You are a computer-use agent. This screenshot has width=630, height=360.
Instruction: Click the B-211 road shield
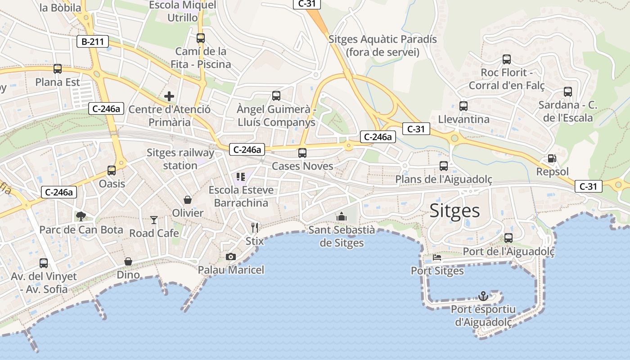[92, 42]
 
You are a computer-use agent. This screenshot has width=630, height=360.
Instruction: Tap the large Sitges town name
[454, 210]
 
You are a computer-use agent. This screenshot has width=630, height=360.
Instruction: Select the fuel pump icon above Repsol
[552, 158]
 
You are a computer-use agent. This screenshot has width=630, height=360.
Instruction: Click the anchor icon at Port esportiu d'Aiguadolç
[483, 296]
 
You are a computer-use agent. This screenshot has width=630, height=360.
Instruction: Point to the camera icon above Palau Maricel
[231, 256]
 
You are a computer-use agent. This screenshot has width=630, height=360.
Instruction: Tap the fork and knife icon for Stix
[255, 227]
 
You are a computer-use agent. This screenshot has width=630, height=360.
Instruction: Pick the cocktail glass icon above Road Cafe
[154, 220]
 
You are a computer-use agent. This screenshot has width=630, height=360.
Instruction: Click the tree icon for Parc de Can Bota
[81, 216]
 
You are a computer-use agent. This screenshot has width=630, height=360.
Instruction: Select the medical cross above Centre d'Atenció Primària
[169, 96]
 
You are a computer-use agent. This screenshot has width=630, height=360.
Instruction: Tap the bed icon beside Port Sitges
[436, 258]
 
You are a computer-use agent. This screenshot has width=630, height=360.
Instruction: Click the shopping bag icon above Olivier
[188, 200]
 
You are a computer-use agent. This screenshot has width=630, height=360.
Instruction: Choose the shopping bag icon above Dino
[128, 261]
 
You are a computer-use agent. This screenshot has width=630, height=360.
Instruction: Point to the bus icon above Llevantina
[463, 106]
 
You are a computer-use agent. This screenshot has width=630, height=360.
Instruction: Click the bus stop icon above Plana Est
[58, 69]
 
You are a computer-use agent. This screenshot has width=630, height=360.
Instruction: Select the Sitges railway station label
[180, 159]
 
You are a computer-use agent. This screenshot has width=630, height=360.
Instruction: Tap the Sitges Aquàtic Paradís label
[382, 45]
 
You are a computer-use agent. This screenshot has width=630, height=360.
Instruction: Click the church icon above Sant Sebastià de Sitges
[342, 216]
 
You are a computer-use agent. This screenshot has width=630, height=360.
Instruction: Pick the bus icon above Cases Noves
[302, 153]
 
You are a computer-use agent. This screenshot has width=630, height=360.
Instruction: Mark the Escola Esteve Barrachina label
[241, 196]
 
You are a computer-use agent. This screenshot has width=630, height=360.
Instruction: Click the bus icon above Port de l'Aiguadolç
[508, 238]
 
